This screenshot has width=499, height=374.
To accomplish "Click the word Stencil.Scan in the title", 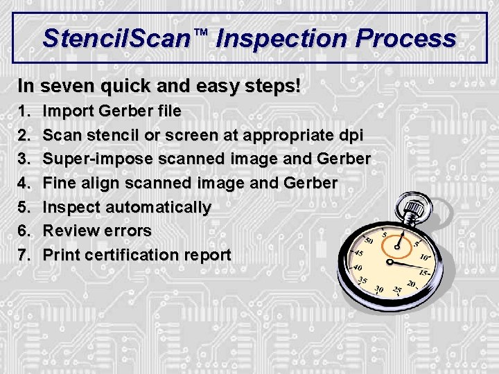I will [115, 38].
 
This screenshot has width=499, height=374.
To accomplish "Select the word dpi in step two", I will [349, 135].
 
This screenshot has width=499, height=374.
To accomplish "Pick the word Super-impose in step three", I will [98, 159].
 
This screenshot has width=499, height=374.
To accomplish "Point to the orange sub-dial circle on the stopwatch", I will [389, 242].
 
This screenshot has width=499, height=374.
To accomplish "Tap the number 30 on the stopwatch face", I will [378, 289].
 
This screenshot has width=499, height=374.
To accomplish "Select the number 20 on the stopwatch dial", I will [411, 283].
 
